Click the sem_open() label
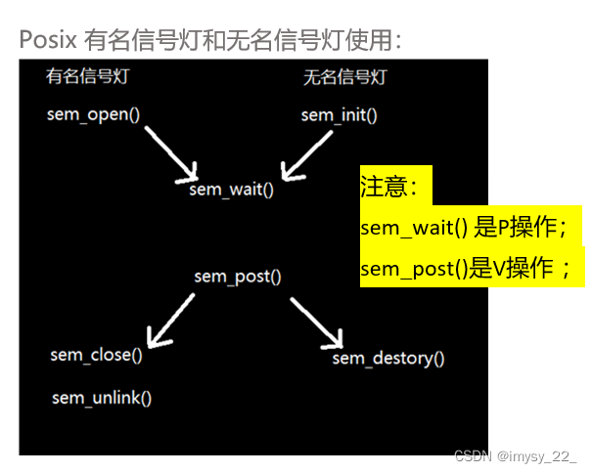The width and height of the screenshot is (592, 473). point(94,114)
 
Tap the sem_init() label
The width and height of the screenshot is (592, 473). point(339,115)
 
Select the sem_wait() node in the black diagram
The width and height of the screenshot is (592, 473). point(232,189)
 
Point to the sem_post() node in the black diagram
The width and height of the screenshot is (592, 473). point(238,276)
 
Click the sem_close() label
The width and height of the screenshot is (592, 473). point(96,355)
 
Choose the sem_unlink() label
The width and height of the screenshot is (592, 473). point(102,397)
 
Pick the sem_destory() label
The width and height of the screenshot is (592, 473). point(388,359)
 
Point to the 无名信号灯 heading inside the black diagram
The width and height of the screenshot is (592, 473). point(339,77)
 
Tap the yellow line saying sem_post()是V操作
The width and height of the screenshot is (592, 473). point(465,269)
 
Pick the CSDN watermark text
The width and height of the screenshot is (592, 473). point(473,456)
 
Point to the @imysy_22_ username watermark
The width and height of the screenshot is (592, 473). point(536,456)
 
